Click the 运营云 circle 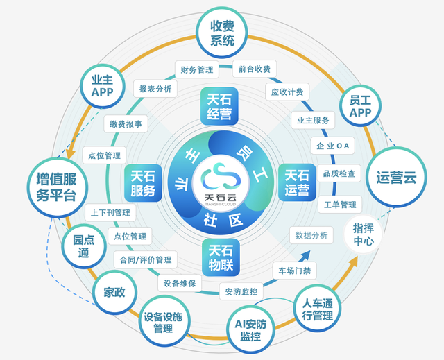point(396,177)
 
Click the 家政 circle point(114,292)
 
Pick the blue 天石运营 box point(297,182)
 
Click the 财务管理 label point(196,69)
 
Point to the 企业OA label point(334,146)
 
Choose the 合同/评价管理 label point(144,259)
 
